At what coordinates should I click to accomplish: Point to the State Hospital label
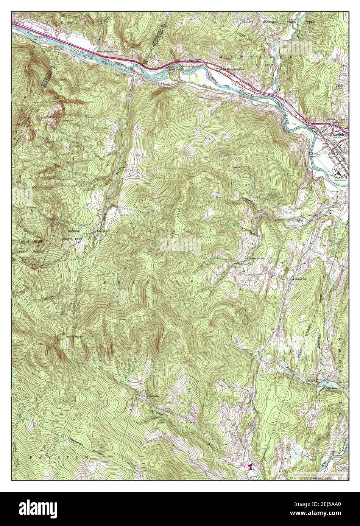tap(342, 181)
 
